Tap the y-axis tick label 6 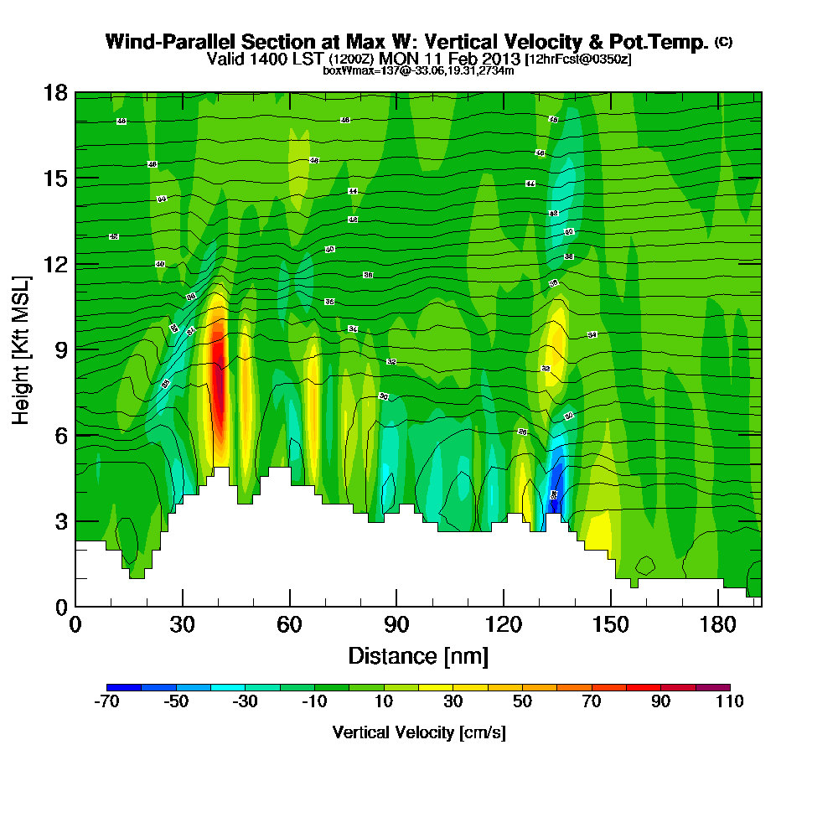[60, 435]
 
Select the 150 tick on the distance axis [610, 625]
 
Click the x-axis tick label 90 [396, 625]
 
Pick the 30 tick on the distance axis [182, 625]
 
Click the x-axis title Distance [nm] [418, 655]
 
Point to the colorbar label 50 [522, 702]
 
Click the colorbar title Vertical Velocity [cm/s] [419, 732]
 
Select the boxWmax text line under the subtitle [418, 70]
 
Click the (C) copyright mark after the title [723, 42]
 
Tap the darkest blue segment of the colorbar [125, 687]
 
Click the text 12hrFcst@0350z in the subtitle [577, 59]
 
